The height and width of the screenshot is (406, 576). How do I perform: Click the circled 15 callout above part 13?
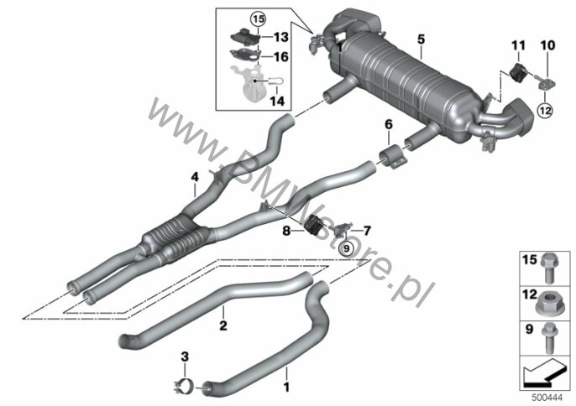tap(259, 18)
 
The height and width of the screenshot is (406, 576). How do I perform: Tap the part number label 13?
tap(281, 37)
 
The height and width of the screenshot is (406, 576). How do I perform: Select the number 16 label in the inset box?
tap(281, 57)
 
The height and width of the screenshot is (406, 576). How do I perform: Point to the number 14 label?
tap(277, 101)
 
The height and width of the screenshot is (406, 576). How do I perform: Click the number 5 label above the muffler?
tap(421, 39)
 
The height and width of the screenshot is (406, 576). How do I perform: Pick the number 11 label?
tap(518, 46)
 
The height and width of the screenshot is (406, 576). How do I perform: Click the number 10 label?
tap(547, 45)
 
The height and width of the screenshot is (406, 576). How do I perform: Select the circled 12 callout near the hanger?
tap(545, 110)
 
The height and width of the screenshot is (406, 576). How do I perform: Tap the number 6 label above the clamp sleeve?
tap(389, 125)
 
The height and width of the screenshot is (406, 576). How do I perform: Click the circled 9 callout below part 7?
tap(346, 249)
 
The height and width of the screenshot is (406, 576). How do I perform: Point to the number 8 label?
tap(286, 232)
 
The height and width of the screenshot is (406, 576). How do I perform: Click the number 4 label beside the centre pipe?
tap(195, 177)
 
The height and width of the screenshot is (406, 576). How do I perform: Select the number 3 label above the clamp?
tap(185, 356)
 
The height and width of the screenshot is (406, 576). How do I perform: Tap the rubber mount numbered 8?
tap(313, 224)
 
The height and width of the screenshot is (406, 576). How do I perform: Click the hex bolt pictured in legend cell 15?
tap(549, 269)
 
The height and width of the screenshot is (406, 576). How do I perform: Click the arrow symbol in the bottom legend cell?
tap(544, 373)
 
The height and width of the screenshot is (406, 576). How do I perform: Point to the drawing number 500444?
tap(547, 398)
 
